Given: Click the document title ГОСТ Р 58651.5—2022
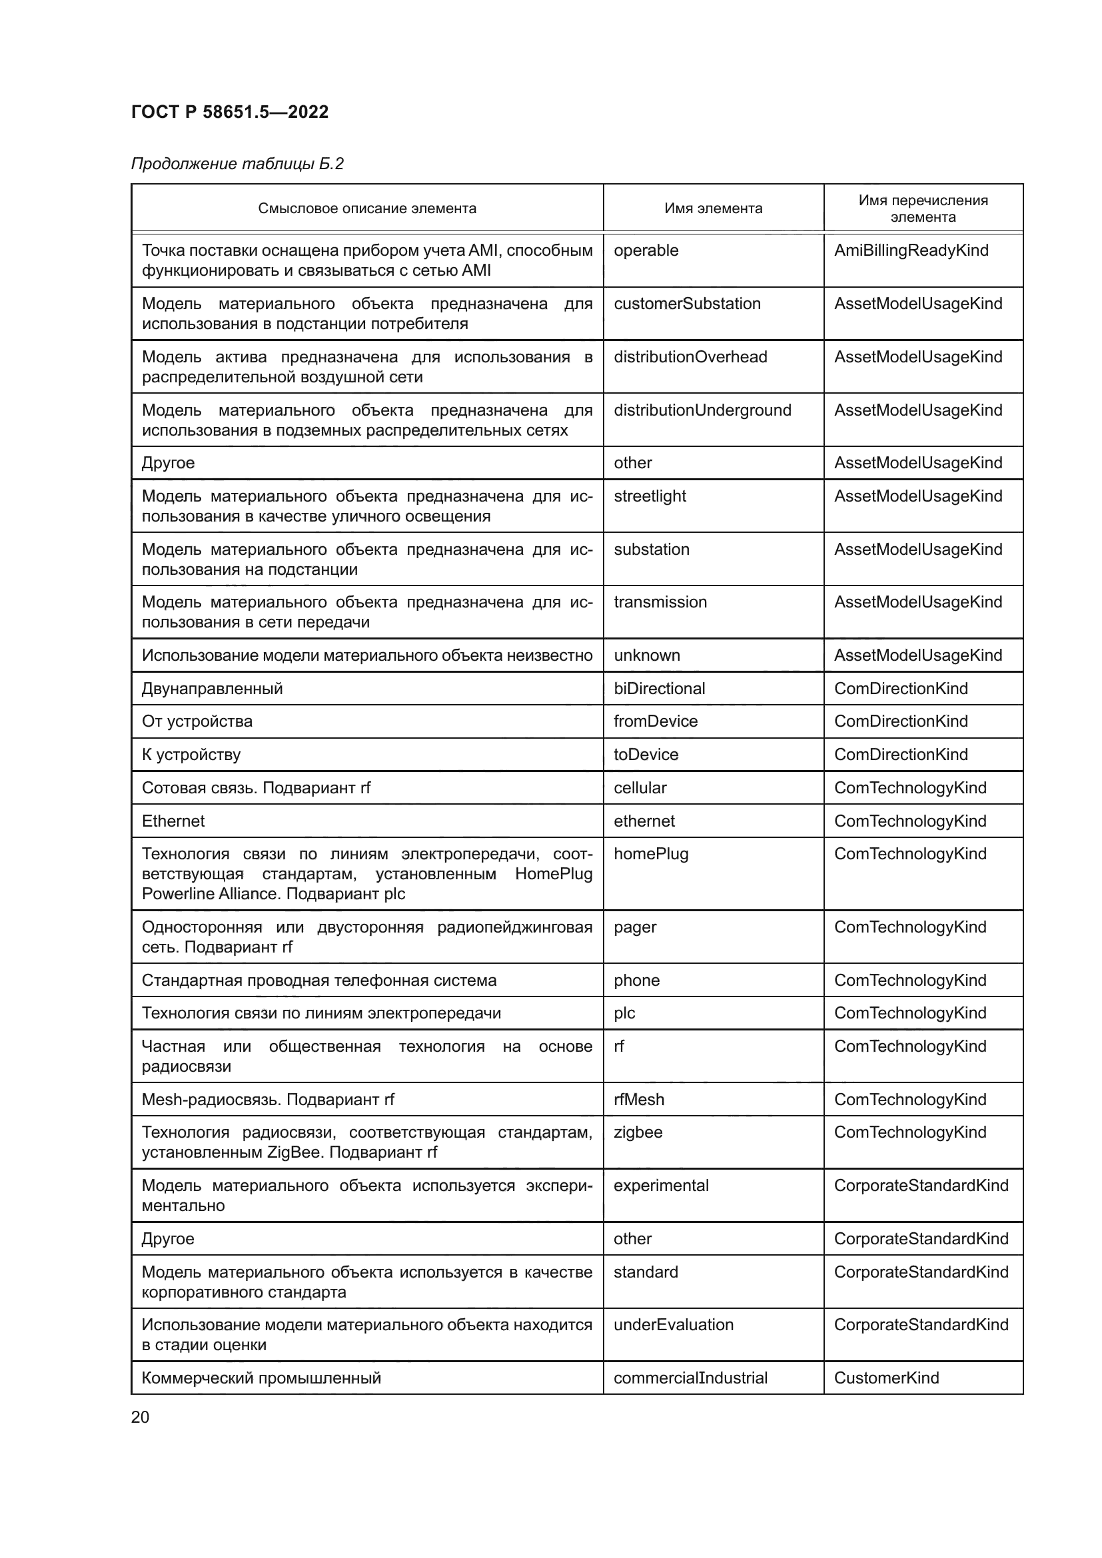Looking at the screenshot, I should tap(229, 112).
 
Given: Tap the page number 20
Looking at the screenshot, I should tap(140, 1417).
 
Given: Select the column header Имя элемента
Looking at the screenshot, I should tap(713, 208).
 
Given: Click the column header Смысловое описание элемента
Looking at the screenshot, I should tap(366, 208).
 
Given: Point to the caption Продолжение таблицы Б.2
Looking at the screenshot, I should tap(237, 164).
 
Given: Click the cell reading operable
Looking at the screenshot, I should tap(646, 250).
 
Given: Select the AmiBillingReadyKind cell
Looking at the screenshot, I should tap(911, 250).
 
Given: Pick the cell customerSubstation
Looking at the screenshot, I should tap(687, 303).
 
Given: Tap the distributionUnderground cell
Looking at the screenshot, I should tap(702, 410).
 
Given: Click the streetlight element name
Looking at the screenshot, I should tap(650, 496).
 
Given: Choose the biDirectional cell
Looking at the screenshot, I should tap(659, 688).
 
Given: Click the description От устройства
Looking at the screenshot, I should tap(197, 721).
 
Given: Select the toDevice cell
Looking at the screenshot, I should tap(646, 754).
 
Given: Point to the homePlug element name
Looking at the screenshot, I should tap(651, 854).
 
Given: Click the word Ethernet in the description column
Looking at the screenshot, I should tap(173, 821).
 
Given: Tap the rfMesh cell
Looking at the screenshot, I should tap(638, 1099).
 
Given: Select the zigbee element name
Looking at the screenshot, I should tap(638, 1132).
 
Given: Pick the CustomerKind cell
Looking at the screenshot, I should tap(886, 1377).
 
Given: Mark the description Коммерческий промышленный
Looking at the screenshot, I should tap(261, 1377).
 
